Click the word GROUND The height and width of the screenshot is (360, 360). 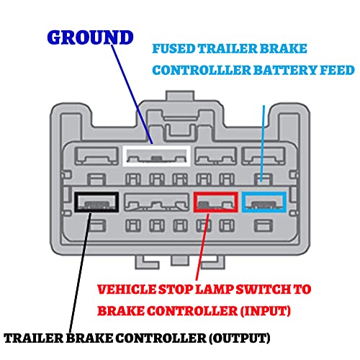[90, 37]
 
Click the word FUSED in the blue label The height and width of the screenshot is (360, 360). [174, 49]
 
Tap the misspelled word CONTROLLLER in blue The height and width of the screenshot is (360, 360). [202, 71]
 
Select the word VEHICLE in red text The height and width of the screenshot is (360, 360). [127, 289]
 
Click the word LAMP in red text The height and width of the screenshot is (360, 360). [214, 289]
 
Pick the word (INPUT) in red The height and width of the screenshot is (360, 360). [266, 311]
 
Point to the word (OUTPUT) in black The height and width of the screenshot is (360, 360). [239, 338]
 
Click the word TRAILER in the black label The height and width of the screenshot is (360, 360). [34, 338]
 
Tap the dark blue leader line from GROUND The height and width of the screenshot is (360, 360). [132, 94]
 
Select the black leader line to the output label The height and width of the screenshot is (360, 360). [80, 273]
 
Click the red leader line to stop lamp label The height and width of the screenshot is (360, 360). [202, 247]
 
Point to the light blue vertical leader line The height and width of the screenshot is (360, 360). [263, 143]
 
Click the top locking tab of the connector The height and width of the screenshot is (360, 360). [180, 96]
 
